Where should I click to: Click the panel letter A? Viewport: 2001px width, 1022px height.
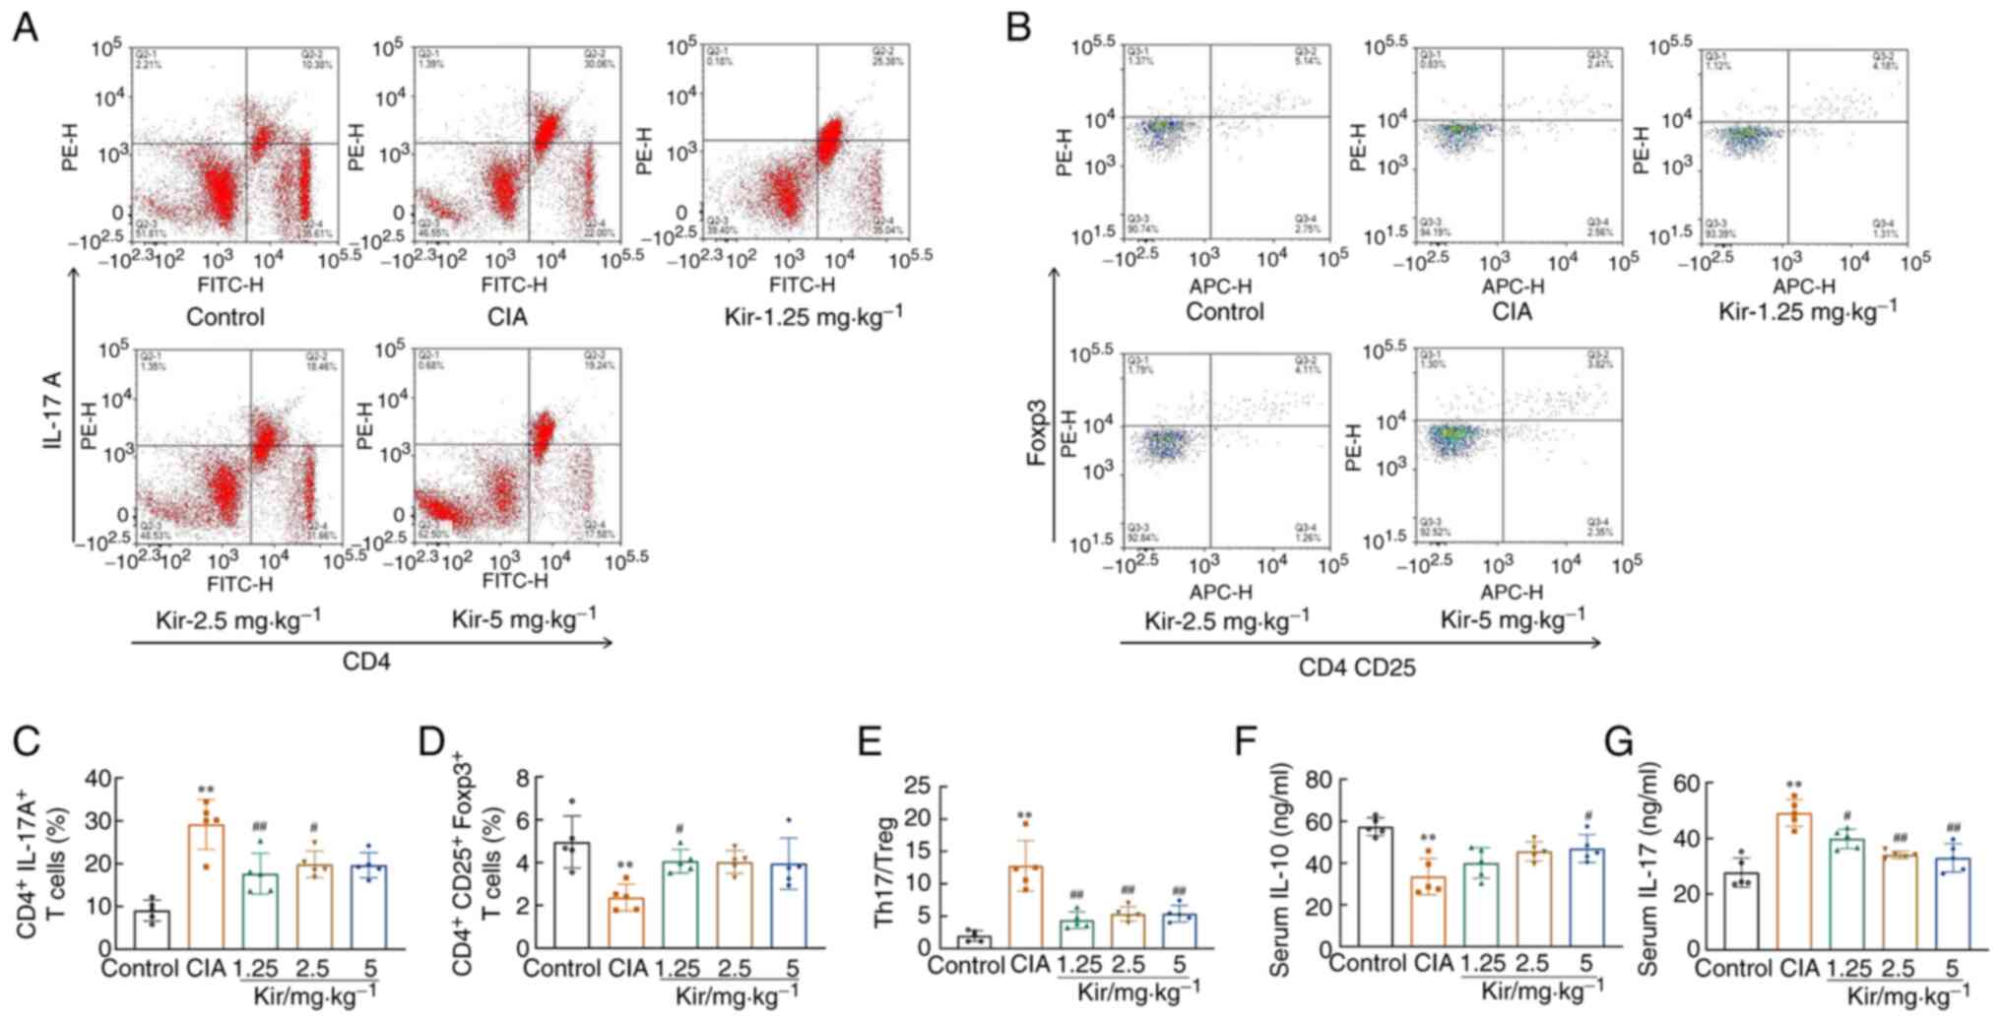tap(26, 28)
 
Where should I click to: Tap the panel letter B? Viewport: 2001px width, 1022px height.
tap(1018, 28)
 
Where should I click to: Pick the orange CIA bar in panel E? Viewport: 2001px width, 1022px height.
tap(1026, 906)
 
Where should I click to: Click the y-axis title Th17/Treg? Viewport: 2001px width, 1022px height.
tap(884, 871)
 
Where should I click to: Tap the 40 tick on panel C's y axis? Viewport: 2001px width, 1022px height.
tap(98, 779)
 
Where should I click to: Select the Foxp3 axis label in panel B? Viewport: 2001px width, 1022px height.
tap(1036, 437)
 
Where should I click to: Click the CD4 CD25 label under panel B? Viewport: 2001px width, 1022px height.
tap(1356, 668)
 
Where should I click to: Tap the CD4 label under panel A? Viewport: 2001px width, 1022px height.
tap(366, 662)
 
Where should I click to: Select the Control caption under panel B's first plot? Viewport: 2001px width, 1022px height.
tap(1223, 312)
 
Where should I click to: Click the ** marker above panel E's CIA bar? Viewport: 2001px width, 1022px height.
tap(1025, 815)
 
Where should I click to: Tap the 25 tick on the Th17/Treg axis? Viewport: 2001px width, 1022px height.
tap(919, 786)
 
